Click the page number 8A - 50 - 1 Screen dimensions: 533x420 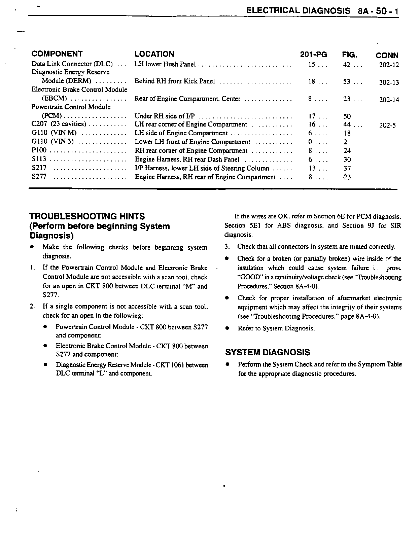[378, 11]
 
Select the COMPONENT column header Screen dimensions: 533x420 [57, 54]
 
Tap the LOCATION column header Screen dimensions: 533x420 [154, 54]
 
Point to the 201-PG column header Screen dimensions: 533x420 [313, 55]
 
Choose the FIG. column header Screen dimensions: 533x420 [349, 55]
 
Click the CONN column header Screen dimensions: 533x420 [387, 56]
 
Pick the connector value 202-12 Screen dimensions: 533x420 [389, 65]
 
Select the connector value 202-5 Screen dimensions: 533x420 [387, 126]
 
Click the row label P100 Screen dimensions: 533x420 [39, 150]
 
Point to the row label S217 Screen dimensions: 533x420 [39, 168]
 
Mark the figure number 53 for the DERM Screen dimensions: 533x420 [347, 81]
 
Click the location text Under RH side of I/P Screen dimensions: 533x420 [165, 116]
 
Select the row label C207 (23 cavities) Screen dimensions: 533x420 [59, 124]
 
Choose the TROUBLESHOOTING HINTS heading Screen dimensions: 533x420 [87, 216]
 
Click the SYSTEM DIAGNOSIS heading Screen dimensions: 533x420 [267, 352]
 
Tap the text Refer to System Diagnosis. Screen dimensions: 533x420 [276, 328]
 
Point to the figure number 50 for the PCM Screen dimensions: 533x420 [347, 116]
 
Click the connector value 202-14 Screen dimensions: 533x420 [389, 100]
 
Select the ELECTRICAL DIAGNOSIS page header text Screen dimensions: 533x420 [298, 10]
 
